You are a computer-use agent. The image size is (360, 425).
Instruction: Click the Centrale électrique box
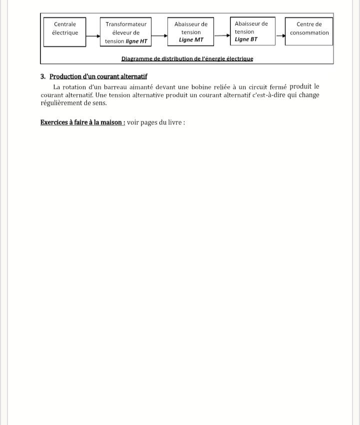click(x=65, y=32)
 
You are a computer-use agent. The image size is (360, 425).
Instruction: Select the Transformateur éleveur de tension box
click(x=126, y=32)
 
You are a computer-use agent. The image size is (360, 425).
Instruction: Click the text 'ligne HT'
click(x=136, y=41)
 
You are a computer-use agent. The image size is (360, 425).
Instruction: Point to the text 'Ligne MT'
click(x=191, y=40)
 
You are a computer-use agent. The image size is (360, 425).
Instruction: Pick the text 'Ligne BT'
click(x=246, y=39)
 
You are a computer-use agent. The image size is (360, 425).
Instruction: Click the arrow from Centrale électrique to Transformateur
click(x=93, y=35)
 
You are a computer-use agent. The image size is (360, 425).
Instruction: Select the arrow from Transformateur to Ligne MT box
click(x=159, y=35)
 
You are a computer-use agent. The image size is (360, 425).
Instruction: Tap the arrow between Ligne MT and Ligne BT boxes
click(x=222, y=35)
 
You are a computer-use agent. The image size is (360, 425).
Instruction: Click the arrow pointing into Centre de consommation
click(x=280, y=35)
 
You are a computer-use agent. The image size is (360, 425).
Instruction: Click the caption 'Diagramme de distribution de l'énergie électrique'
click(x=187, y=58)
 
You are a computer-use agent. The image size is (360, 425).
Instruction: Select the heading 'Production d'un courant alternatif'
click(x=98, y=76)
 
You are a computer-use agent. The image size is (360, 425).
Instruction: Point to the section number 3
click(x=43, y=76)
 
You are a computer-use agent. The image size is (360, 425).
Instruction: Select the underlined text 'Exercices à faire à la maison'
click(x=82, y=122)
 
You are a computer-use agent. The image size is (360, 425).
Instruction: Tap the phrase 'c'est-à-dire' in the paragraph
click(x=267, y=95)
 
